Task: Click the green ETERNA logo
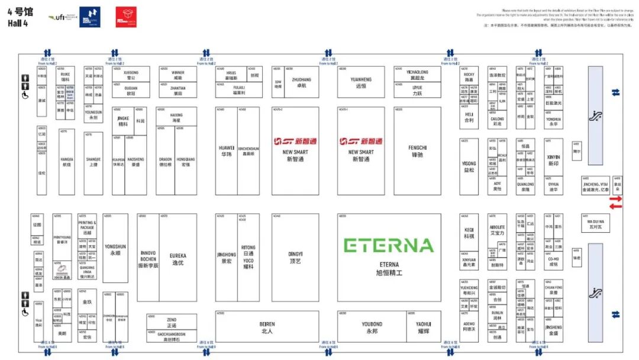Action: tap(389, 245)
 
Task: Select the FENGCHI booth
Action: tap(418, 150)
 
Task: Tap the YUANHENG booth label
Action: tap(361, 82)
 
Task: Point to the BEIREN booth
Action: tap(267, 327)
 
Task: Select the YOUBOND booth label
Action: tap(372, 327)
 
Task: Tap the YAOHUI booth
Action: tap(424, 327)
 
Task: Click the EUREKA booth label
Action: tap(177, 259)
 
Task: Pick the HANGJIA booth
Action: tap(67, 162)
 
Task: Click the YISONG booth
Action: tap(469, 166)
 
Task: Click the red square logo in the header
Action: tap(126, 17)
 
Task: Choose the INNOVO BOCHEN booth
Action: tap(148, 259)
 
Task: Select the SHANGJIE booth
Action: tap(93, 162)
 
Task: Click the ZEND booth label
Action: tap(171, 322)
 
